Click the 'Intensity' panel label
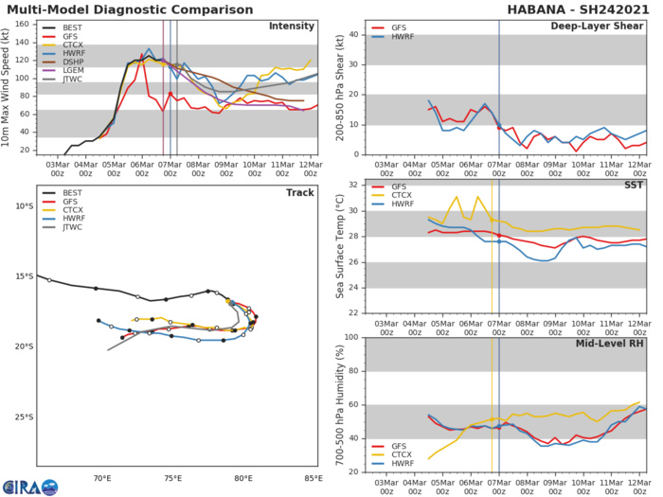(292, 26)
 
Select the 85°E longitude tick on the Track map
(313, 477)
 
